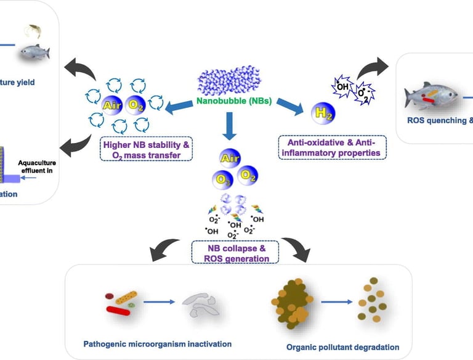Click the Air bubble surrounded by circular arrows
click(113, 106)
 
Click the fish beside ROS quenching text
click(431, 96)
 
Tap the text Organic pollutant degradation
click(342, 347)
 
